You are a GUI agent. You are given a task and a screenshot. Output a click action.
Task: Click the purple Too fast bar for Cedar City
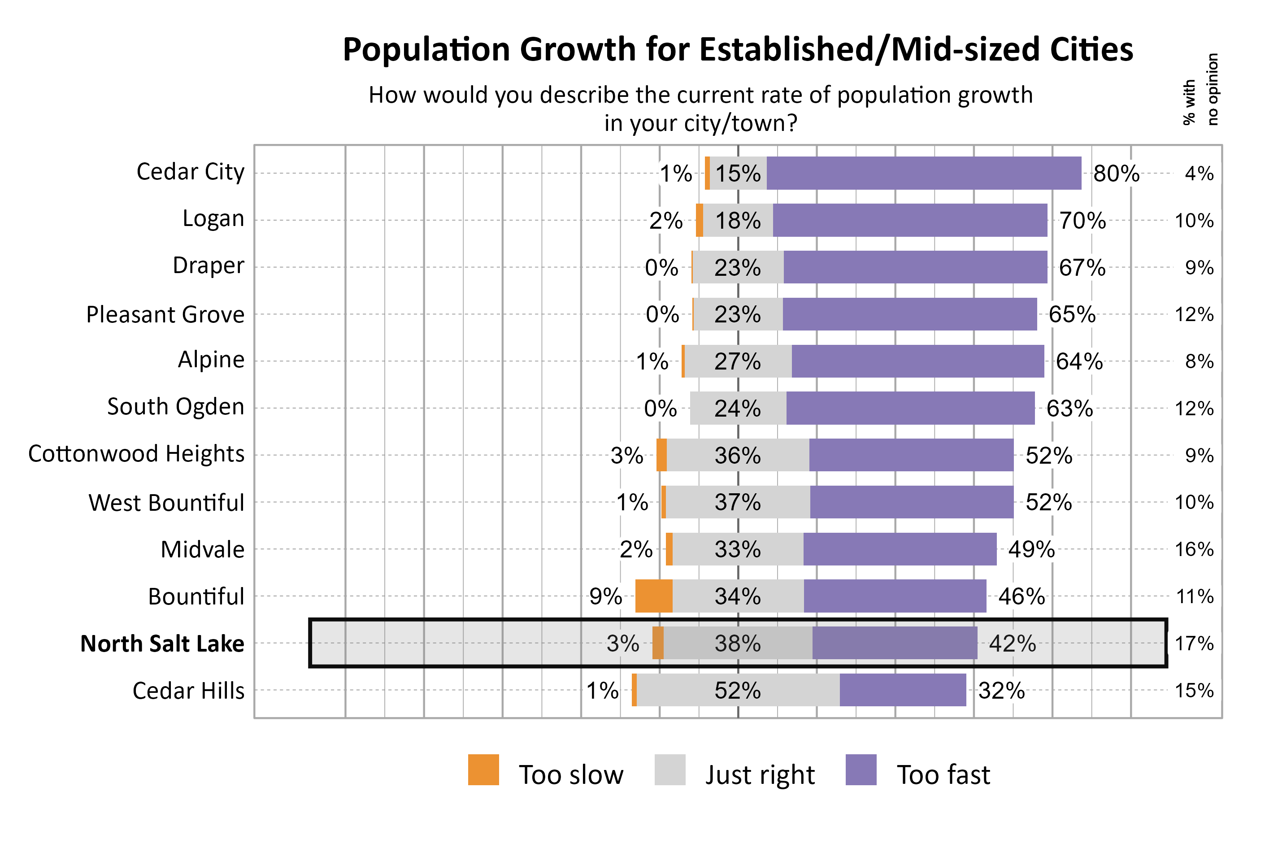tap(923, 173)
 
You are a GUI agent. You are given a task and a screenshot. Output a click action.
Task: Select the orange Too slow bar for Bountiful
tap(653, 596)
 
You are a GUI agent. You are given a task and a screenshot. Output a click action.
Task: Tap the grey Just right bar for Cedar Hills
tap(737, 690)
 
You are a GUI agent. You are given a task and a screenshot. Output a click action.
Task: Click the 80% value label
tap(1116, 174)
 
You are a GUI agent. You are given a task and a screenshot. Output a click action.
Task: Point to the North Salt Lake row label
tap(162, 643)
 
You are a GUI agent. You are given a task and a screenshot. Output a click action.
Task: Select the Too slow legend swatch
tap(483, 770)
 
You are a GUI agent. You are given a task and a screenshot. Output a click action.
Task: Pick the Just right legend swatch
tap(670, 770)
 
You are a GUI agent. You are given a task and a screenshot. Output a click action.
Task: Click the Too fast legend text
tap(943, 775)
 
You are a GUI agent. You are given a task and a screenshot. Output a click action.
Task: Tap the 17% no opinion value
tap(1194, 643)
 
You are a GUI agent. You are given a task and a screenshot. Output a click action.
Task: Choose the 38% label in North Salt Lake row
tap(737, 643)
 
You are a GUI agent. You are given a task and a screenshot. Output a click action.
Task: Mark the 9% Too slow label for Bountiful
tap(605, 596)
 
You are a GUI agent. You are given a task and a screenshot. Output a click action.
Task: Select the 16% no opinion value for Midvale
tap(1194, 549)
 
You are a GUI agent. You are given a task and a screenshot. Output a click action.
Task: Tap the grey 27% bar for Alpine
tap(737, 361)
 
